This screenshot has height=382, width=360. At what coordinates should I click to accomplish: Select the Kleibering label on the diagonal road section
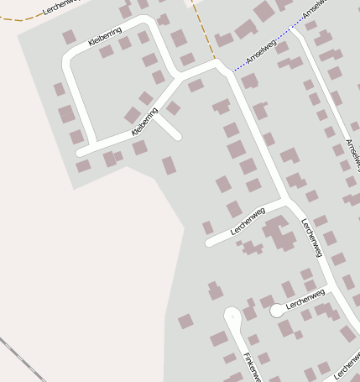[145, 121]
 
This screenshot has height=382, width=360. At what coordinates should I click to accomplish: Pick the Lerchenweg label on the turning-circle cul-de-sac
[305, 301]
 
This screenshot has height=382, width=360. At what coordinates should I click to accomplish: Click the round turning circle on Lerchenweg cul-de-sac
[276, 310]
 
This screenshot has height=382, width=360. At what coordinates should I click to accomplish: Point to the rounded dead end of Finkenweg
[232, 316]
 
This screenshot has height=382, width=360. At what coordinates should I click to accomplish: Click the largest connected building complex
[279, 233]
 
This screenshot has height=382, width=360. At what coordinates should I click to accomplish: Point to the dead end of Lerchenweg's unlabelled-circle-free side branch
[210, 243]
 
